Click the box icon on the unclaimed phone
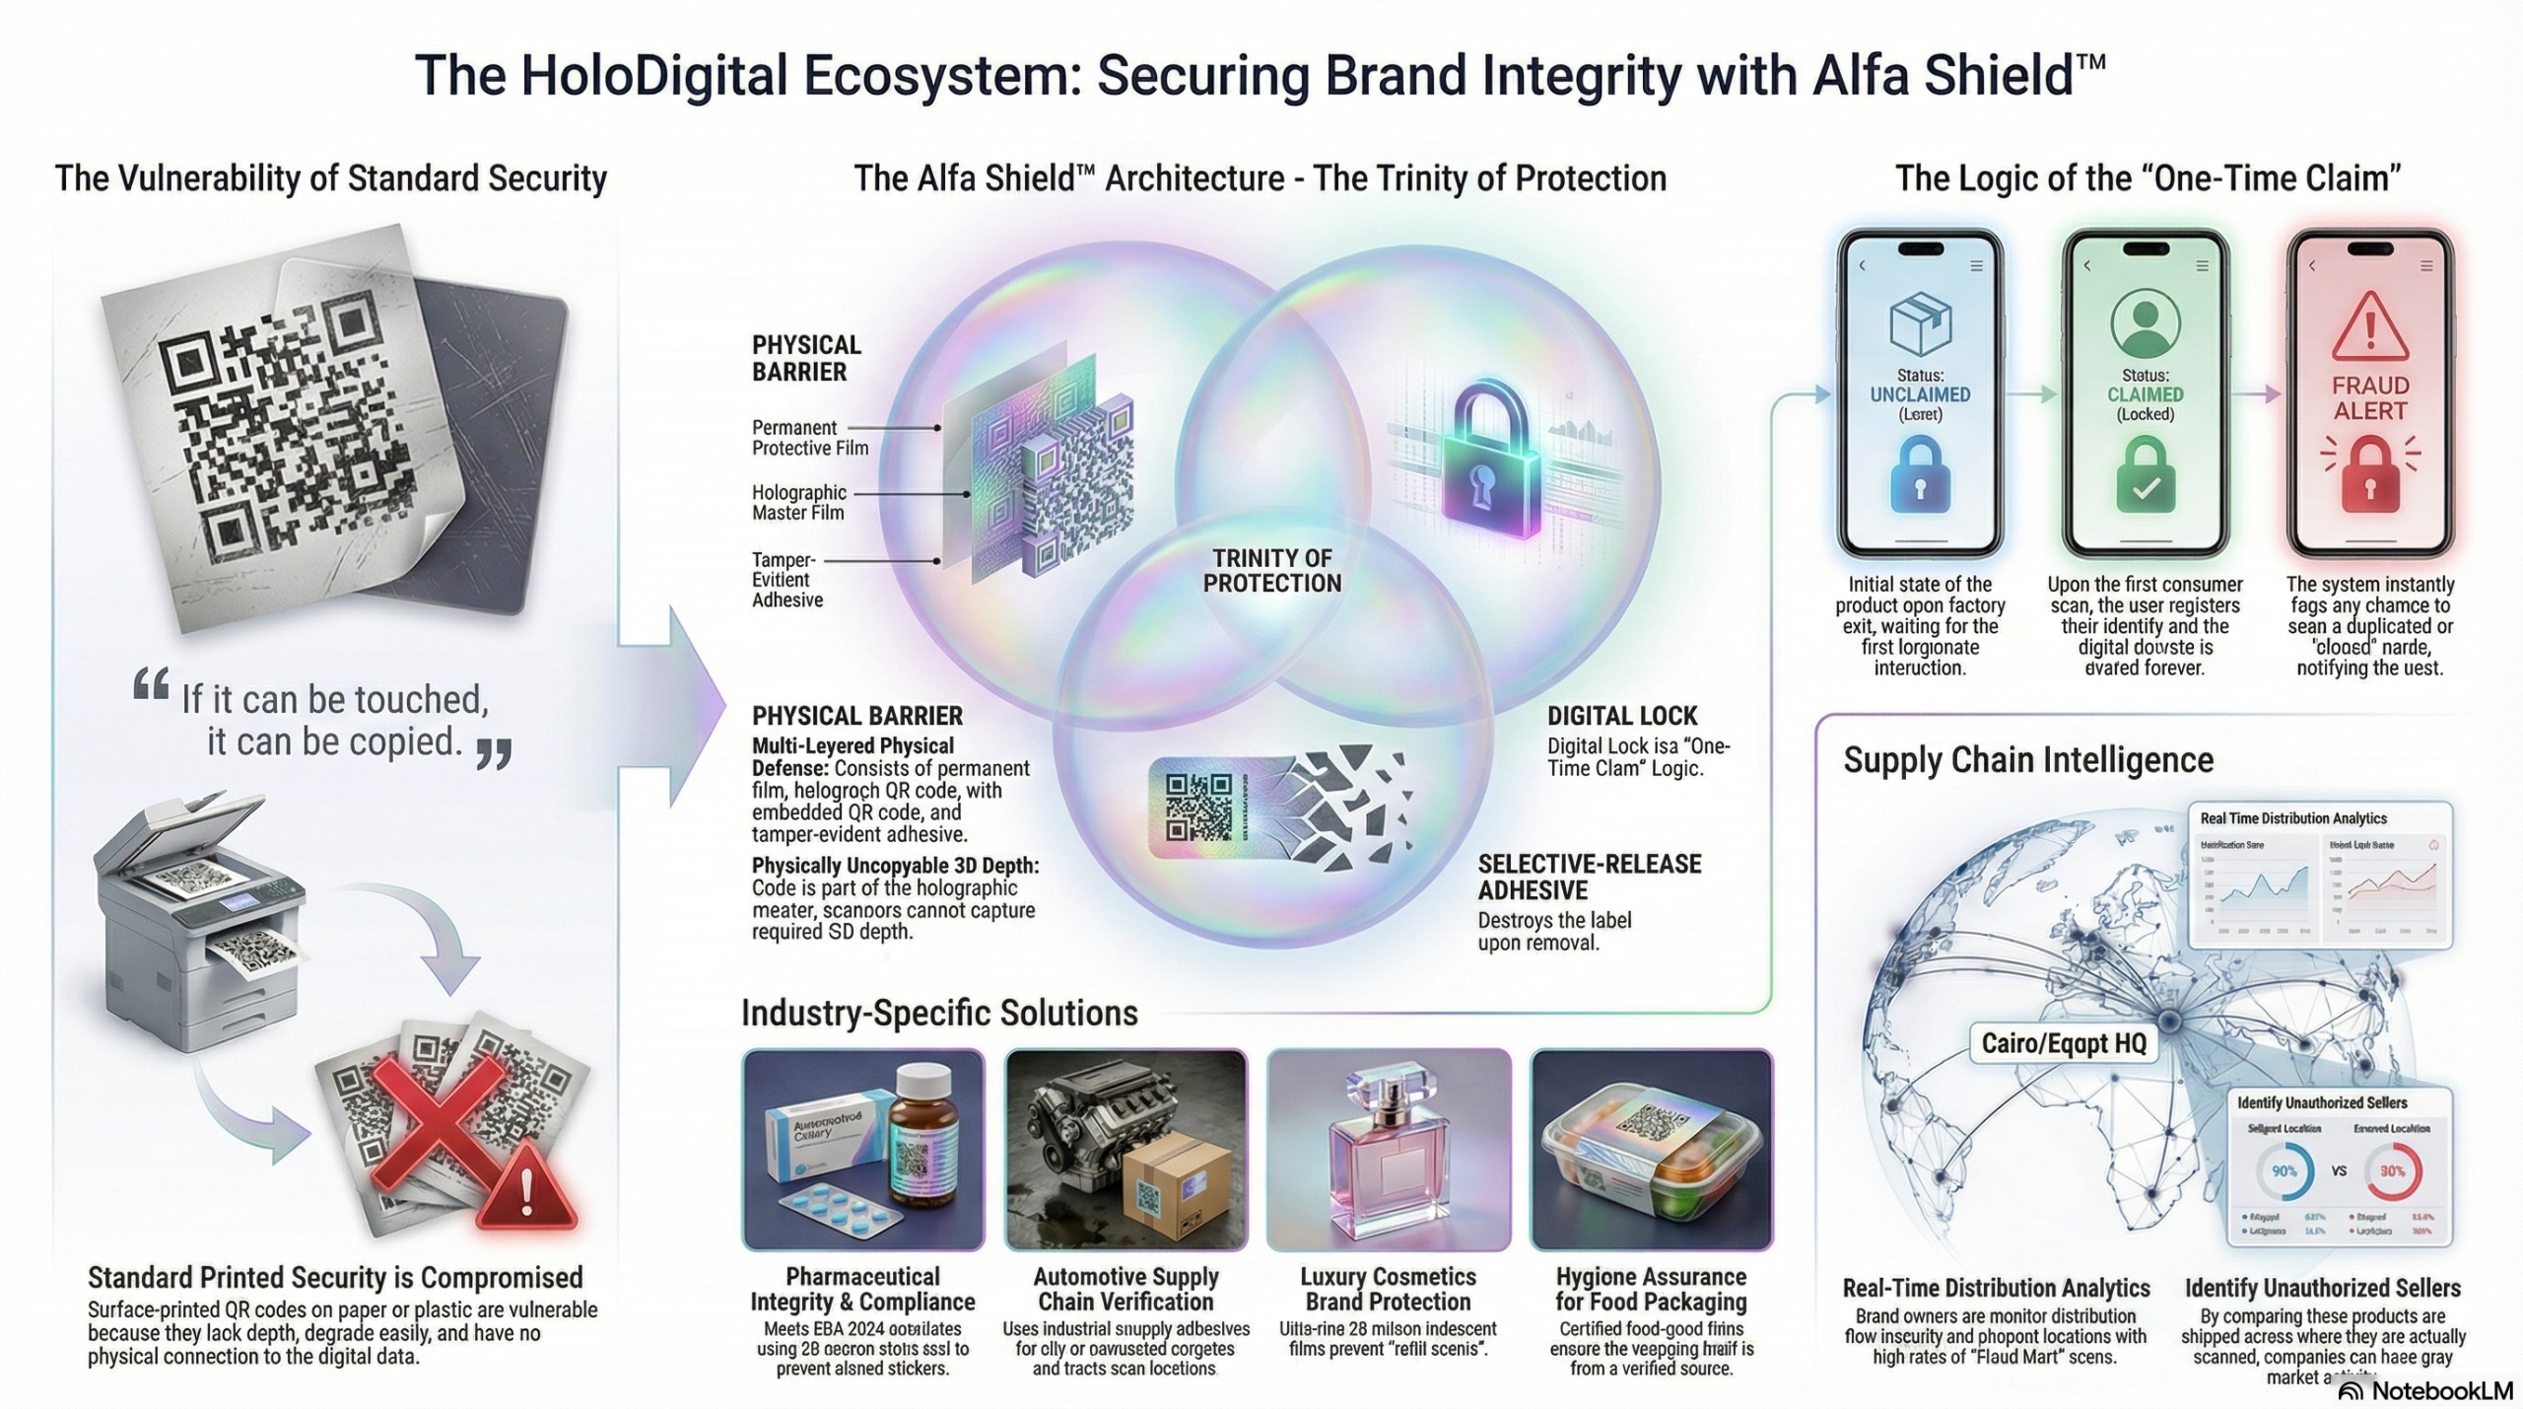coord(1921,322)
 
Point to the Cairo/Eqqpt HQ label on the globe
coord(2064,1043)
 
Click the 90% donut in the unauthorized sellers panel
coord(2284,1171)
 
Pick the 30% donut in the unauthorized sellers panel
coord(2392,1171)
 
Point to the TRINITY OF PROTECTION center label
coord(1272,571)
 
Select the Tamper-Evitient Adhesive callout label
coord(786,580)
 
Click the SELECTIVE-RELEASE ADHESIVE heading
coord(1589,877)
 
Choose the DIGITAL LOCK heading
coord(1621,716)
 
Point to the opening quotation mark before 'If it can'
coord(151,685)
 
